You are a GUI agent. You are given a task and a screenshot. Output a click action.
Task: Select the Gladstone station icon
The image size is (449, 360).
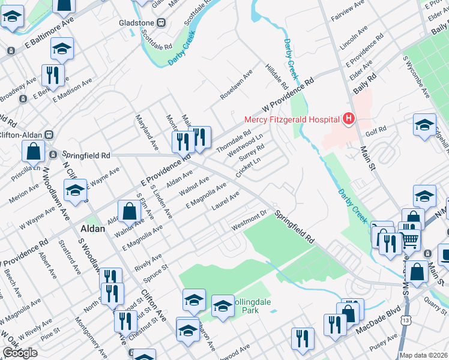[x=161, y=23]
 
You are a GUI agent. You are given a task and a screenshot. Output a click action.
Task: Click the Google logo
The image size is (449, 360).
[x=20, y=353]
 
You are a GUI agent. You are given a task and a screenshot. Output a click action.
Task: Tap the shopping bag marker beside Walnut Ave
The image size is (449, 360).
[x=130, y=211]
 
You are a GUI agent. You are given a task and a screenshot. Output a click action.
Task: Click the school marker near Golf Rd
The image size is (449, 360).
[x=424, y=125]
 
